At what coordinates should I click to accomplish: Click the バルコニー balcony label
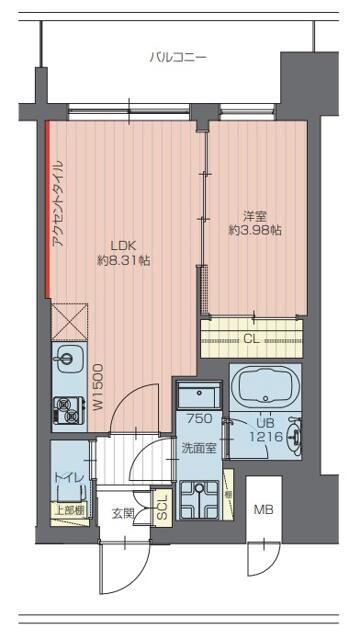tap(178, 58)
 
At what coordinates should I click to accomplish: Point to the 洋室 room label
tap(255, 214)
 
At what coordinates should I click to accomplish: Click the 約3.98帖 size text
tap(255, 231)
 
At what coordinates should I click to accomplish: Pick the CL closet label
tap(252, 339)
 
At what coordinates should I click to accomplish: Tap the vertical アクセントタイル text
tap(58, 204)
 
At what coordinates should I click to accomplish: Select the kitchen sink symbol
tap(69, 357)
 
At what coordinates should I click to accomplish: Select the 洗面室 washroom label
tap(199, 448)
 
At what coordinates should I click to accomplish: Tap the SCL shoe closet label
tap(162, 506)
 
